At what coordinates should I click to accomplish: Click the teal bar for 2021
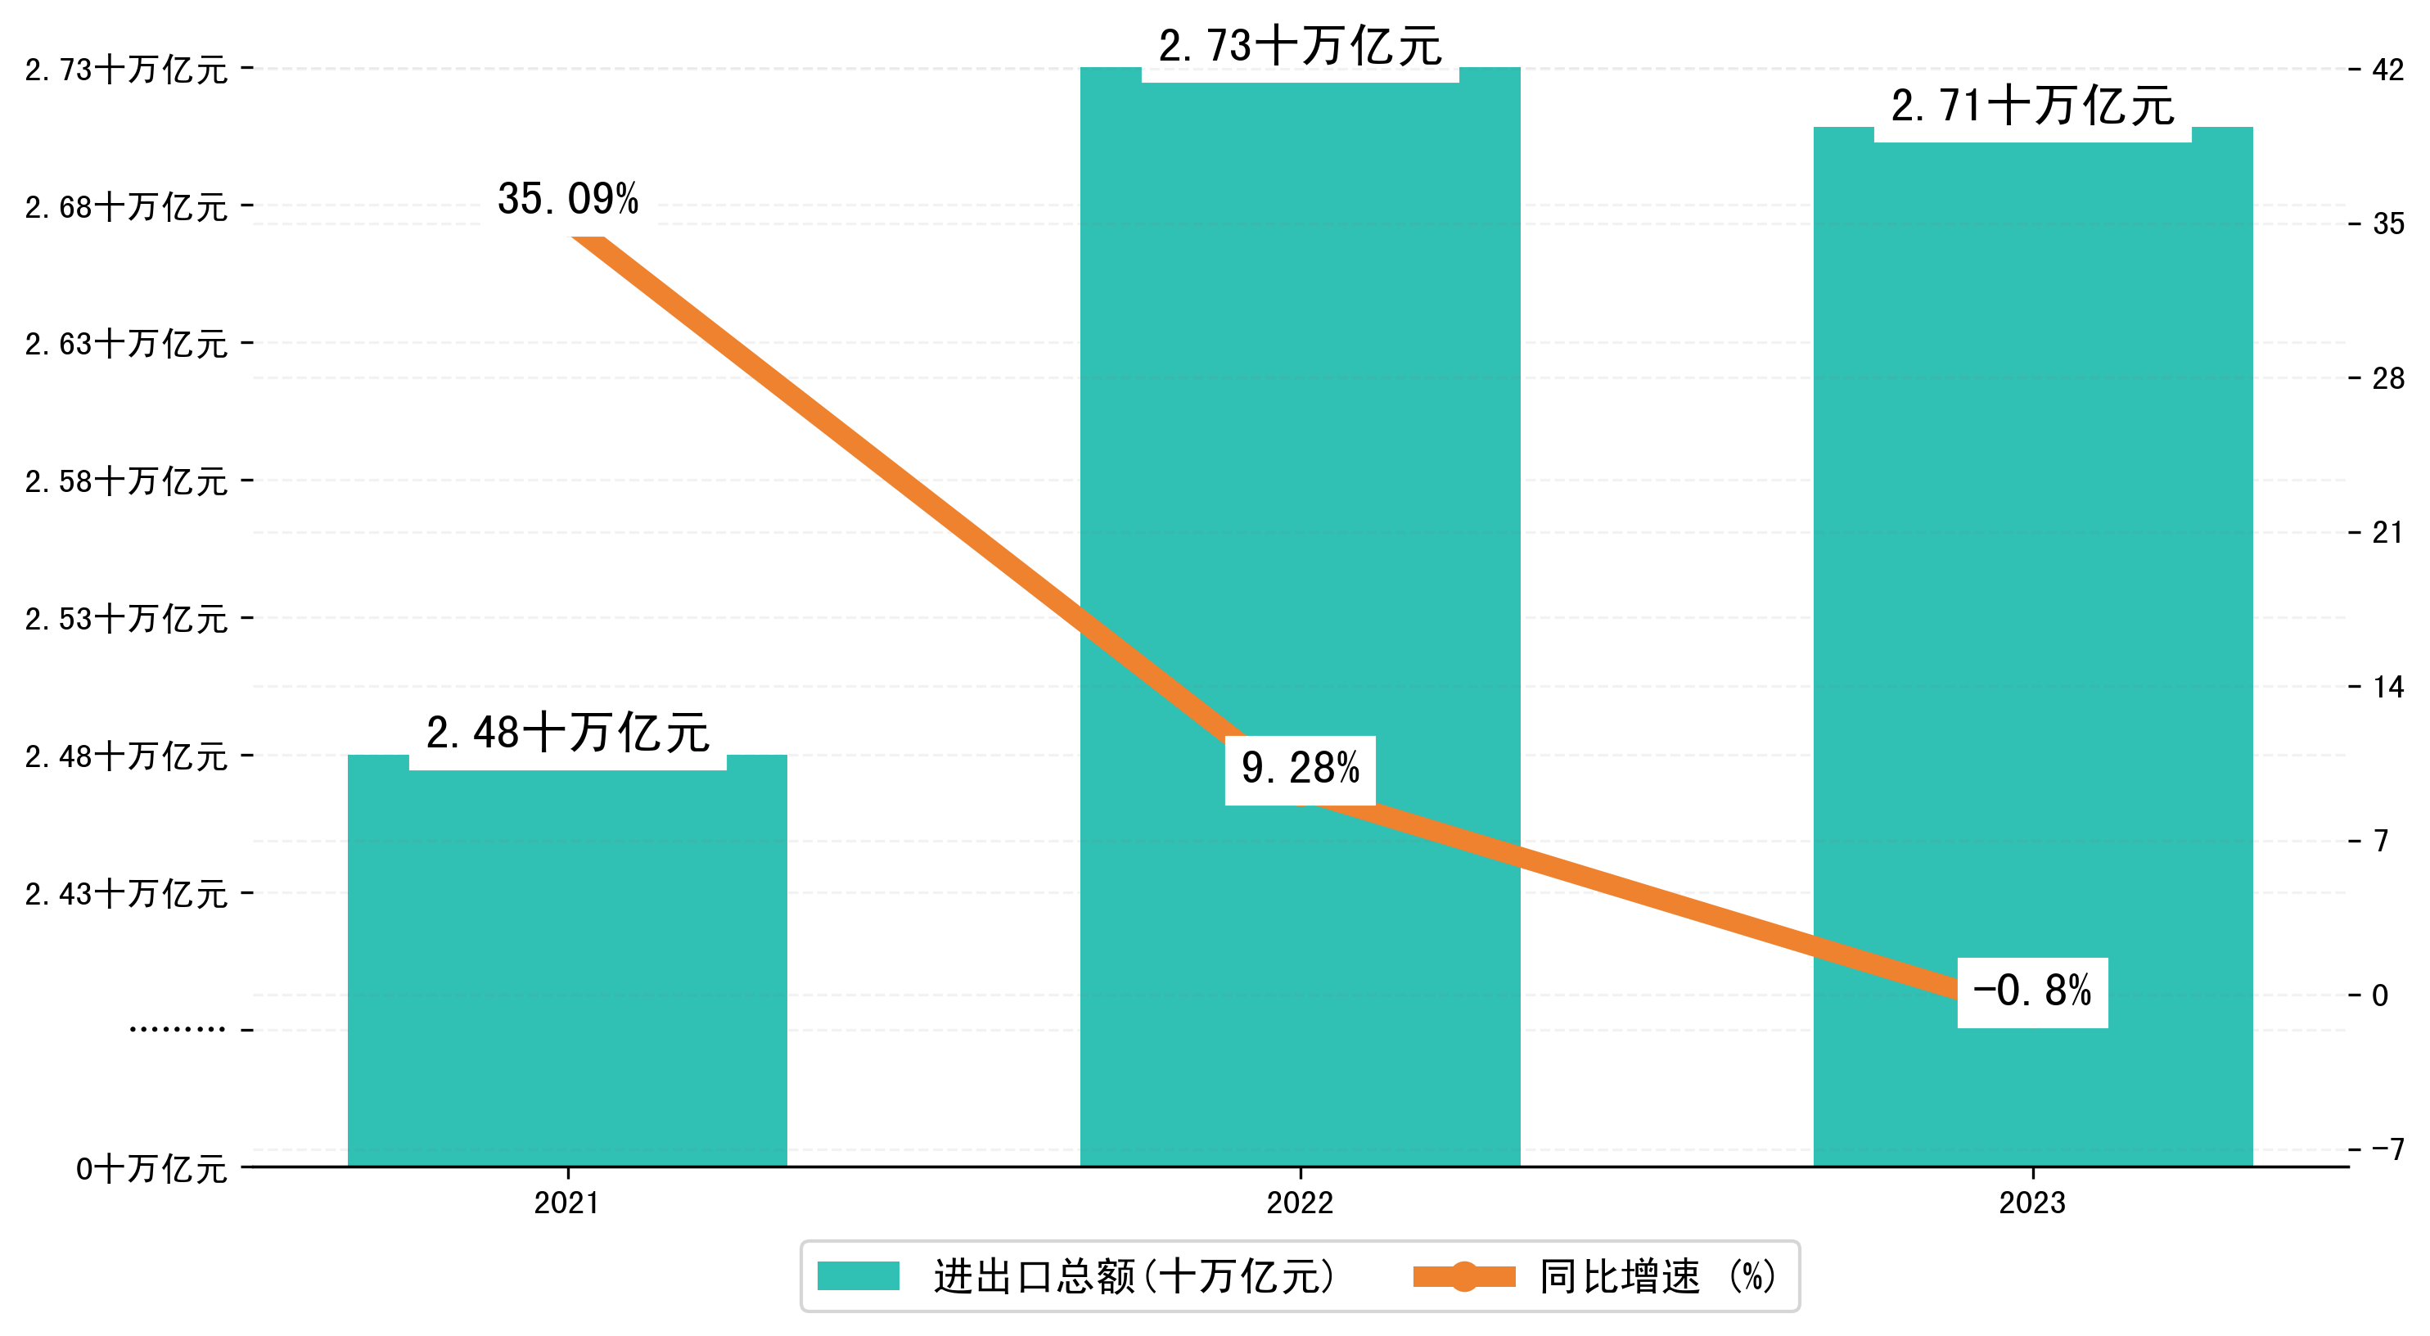(x=567, y=972)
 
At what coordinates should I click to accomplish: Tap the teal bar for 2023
(x=2033, y=566)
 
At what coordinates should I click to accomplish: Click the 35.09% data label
(x=568, y=199)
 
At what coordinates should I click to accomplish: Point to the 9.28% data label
(x=1300, y=769)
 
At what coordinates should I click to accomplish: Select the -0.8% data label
(x=2032, y=991)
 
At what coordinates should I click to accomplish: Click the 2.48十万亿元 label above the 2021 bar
(x=567, y=734)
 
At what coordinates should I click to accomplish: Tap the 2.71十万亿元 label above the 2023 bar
(x=2032, y=106)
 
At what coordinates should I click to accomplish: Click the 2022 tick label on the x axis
(x=1300, y=1203)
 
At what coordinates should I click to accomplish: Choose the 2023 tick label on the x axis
(x=2032, y=1203)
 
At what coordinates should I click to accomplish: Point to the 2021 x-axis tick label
(x=567, y=1203)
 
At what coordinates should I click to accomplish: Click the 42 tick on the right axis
(x=2387, y=70)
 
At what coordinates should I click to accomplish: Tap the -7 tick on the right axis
(x=2387, y=1149)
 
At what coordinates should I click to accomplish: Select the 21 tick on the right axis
(x=2387, y=533)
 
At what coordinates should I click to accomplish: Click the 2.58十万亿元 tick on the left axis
(x=126, y=482)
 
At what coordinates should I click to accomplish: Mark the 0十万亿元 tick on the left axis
(x=151, y=1170)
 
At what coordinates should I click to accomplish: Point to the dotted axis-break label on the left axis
(x=178, y=1029)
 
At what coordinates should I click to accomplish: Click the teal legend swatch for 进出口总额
(x=858, y=1276)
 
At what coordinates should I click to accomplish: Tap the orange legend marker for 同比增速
(x=1464, y=1276)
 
